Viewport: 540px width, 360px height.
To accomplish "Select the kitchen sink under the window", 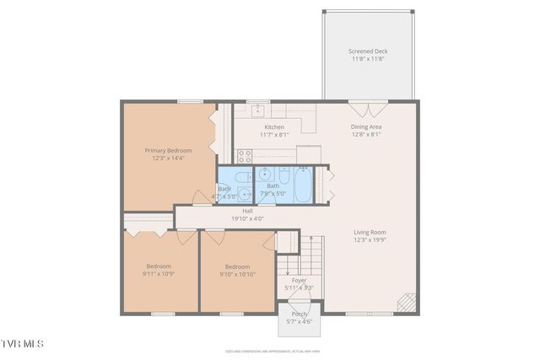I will coord(257,110).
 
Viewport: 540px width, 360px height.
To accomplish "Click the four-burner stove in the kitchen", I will coord(246,155).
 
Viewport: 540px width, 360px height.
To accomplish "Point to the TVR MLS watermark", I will coord(22,344).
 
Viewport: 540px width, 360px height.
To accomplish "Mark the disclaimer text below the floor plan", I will coord(270,351).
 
